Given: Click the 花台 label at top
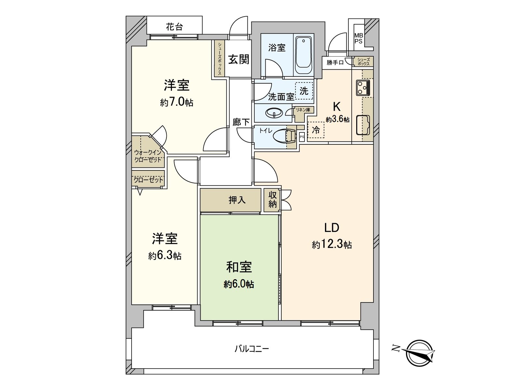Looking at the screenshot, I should click(174, 27).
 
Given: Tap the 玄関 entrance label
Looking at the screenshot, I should click(238, 59).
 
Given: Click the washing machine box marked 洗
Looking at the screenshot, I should click(304, 91).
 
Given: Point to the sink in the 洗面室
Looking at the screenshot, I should click(274, 113).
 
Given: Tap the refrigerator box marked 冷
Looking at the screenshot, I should click(316, 130).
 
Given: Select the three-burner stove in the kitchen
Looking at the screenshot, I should click(362, 88).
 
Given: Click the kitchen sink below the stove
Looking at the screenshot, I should click(362, 125).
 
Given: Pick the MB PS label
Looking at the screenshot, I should click(359, 38).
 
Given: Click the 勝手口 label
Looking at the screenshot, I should click(335, 62).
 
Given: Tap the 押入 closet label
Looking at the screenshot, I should click(237, 200).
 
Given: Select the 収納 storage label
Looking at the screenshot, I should click(273, 199).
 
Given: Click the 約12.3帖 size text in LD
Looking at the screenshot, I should click(332, 244).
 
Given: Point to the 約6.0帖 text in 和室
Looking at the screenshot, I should click(239, 284).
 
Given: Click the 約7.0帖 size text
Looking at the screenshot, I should click(176, 103).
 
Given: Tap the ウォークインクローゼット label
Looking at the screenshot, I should click(148, 156).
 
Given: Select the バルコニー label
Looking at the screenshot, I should click(252, 349).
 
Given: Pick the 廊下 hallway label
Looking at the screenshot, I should click(241, 122).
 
